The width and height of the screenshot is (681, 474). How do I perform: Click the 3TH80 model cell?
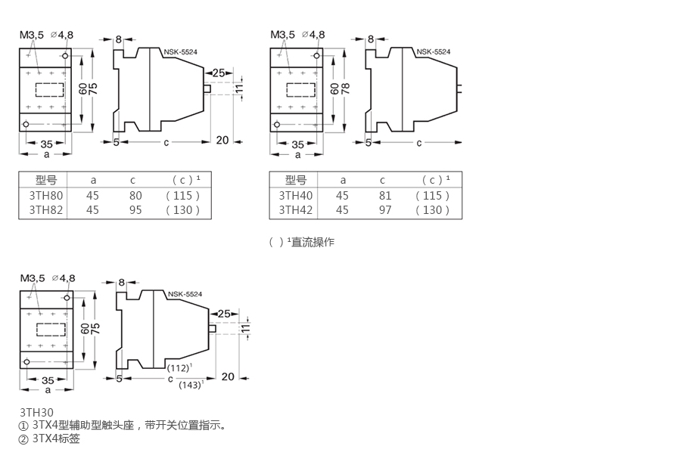tap(46, 195)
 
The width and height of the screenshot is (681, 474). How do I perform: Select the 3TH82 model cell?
tap(46, 209)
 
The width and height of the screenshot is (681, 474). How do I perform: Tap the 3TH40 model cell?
tap(296, 195)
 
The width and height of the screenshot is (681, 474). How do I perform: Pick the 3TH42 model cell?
tap(296, 209)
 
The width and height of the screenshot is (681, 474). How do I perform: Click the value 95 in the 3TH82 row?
tap(135, 209)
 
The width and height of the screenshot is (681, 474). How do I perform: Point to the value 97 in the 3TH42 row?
tap(385, 209)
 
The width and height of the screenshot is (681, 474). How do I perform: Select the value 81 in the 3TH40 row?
tap(385, 195)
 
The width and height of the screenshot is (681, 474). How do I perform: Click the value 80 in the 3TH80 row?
tap(135, 195)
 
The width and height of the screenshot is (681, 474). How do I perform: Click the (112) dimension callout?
tap(179, 367)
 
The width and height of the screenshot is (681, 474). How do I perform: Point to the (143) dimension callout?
tap(191, 385)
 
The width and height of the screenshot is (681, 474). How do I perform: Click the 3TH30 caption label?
tap(36, 413)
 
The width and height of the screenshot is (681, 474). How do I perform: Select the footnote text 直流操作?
tap(313, 242)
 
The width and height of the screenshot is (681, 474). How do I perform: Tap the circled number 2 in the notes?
tap(23, 438)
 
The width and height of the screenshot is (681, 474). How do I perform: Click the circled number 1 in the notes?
tap(23, 426)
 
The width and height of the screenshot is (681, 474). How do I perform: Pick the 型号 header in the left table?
tap(46, 180)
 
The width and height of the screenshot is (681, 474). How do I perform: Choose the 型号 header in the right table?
tap(296, 180)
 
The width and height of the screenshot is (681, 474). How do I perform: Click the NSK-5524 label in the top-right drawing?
tap(433, 52)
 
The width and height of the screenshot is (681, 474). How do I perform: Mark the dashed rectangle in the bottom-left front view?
tap(49, 330)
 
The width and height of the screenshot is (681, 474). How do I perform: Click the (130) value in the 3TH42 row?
tap(433, 209)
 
